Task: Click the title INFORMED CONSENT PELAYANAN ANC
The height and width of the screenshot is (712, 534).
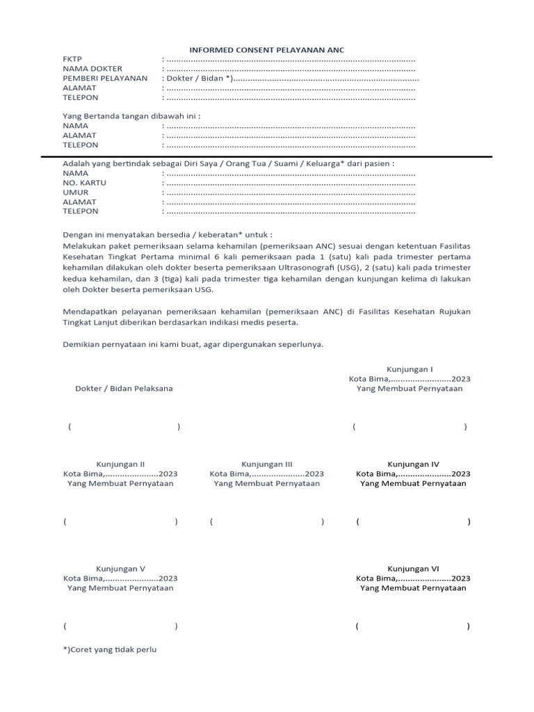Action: [268, 49]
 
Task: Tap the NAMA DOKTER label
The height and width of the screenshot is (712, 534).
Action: [92, 69]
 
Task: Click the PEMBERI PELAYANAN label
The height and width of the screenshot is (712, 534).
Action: [105, 79]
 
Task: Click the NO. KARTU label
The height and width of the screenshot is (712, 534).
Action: [85, 182]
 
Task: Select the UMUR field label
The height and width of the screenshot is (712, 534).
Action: [76, 192]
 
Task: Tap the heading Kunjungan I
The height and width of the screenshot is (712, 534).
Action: [410, 369]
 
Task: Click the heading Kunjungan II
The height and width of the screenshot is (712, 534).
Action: [120, 464]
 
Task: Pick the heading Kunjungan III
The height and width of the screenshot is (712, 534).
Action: [267, 464]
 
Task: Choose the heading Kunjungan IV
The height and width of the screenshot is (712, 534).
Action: [413, 464]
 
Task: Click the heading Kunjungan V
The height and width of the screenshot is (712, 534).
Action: [120, 568]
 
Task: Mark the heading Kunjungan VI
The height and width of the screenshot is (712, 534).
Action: [413, 568]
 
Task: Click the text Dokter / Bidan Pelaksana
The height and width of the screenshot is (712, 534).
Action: [124, 389]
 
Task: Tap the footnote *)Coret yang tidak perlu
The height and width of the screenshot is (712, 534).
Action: [110, 649]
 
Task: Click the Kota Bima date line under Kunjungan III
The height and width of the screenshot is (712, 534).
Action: [267, 474]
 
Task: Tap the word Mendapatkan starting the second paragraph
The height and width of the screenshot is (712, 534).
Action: [92, 311]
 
